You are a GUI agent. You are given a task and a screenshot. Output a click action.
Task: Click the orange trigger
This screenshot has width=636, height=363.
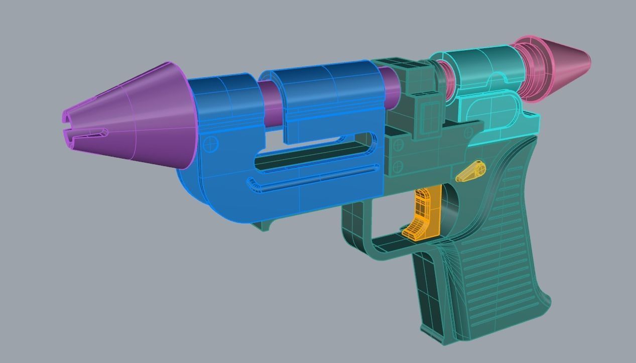click(x=424, y=213)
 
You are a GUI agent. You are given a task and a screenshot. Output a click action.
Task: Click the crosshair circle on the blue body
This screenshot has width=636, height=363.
click(x=212, y=144)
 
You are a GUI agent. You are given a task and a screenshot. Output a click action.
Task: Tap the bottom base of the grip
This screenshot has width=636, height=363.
click(x=452, y=336)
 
